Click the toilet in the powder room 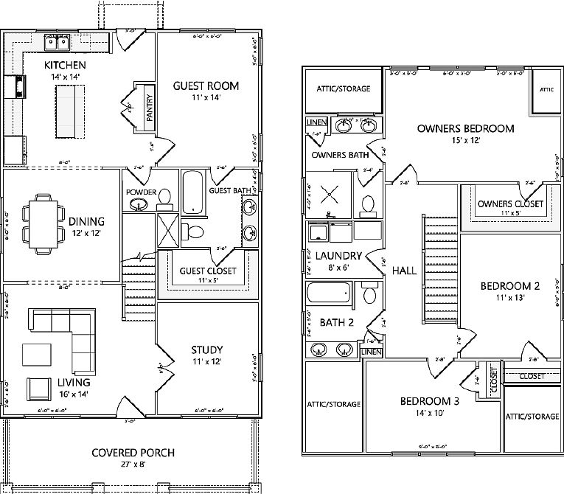pyautogui.click(x=165, y=198)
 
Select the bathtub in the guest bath pyautogui.click(x=192, y=192)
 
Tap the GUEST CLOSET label pyautogui.click(x=208, y=271)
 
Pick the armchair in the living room pyautogui.click(x=38, y=390)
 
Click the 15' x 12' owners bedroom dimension pyautogui.click(x=464, y=141)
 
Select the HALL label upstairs pyautogui.click(x=404, y=271)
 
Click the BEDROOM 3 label pyautogui.click(x=431, y=401)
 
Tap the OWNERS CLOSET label pyautogui.click(x=510, y=203)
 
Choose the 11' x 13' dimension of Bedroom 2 pyautogui.click(x=506, y=298)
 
